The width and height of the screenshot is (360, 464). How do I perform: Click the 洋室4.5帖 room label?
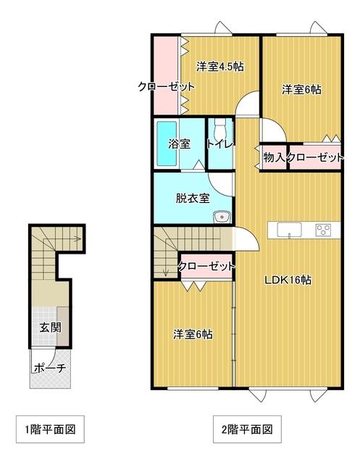pos(219,67)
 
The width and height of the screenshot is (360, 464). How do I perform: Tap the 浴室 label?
pos(180,144)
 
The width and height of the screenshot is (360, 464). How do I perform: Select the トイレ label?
pos(220,144)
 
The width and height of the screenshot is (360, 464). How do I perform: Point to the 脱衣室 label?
pos(192,197)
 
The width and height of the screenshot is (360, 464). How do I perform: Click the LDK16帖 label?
pos(287,279)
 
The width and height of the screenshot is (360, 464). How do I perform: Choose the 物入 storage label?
pos(274,157)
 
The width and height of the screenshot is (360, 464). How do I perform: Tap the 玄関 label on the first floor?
pos(50,327)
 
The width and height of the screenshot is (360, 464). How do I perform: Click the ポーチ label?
pos(50,368)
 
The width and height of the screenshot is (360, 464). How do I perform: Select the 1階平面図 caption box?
pos(46,429)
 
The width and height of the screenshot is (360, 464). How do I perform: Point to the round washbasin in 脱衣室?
pos(220,216)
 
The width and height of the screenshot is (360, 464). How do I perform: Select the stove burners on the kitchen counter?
pos(322,231)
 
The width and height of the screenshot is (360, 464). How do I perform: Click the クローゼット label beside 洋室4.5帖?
pos(167,86)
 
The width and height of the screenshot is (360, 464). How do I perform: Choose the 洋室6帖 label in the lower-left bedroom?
pos(193,334)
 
